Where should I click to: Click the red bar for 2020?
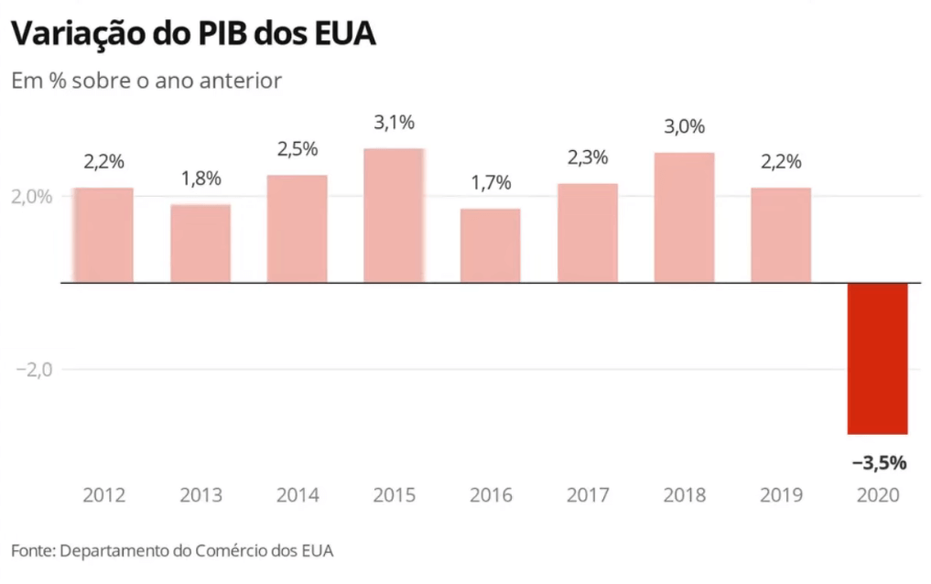877,358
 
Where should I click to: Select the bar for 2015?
394,215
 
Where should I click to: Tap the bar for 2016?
491,245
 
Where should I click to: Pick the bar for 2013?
200,243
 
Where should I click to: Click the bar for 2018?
684,218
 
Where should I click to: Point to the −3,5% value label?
879,462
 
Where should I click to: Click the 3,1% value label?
394,123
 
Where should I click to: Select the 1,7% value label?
491,183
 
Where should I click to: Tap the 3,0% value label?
684,127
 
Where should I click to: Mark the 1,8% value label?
200,178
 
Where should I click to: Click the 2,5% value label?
298,148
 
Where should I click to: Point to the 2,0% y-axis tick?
32,196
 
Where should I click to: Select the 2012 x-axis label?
103,495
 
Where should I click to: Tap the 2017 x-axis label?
588,495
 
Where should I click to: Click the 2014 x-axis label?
298,495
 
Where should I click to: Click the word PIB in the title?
233,34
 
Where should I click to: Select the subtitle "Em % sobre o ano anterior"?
146,81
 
